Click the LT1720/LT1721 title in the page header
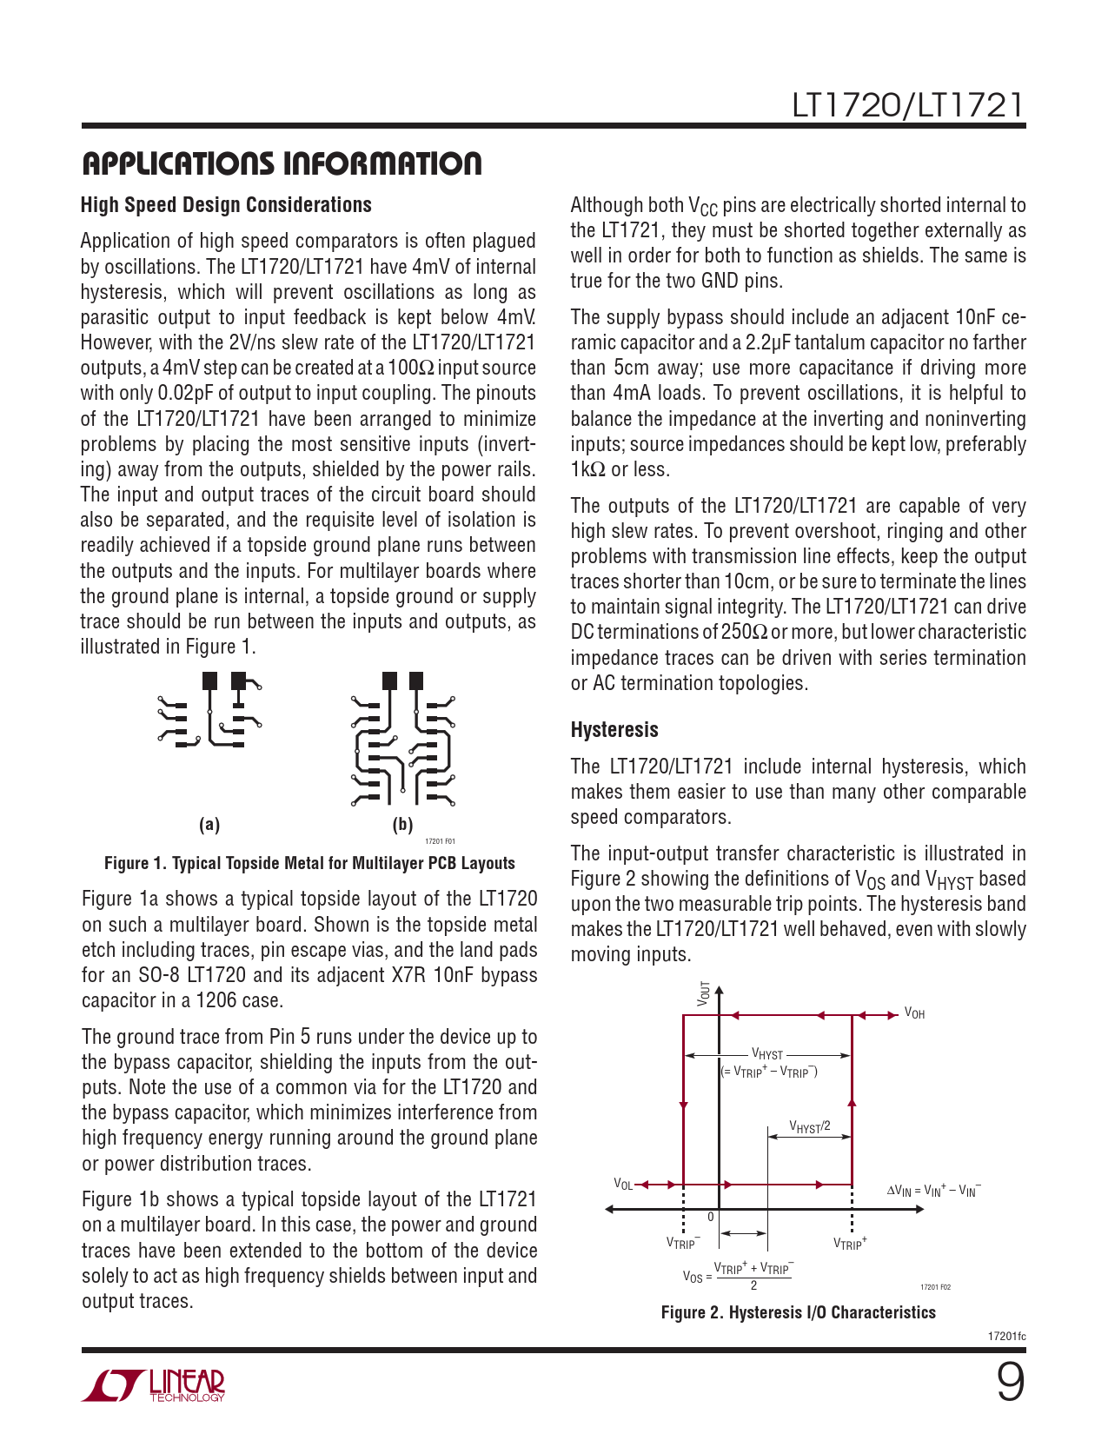(907, 105)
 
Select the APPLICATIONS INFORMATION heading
(281, 163)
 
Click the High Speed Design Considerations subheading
(226, 205)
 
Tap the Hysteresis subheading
(614, 730)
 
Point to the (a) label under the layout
(209, 825)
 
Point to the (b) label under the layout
(402, 825)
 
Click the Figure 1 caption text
(309, 863)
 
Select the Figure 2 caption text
(798, 1312)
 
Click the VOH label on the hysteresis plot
(914, 1013)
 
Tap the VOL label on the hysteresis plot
(623, 1184)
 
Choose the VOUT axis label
(704, 994)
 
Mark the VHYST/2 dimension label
(809, 1127)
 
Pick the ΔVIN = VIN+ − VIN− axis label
(933, 1191)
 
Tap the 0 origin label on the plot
(711, 1217)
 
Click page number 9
(1009, 1384)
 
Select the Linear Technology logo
(153, 1385)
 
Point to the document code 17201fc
(1006, 1336)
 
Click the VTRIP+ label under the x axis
(850, 1244)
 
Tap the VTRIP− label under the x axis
(683, 1244)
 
